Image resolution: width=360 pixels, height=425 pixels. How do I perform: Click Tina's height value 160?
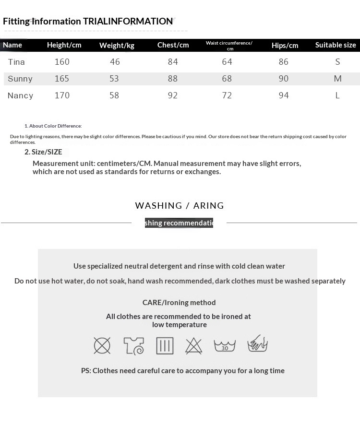[62, 62]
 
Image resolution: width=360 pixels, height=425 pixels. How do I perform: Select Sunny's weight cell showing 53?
[114, 79]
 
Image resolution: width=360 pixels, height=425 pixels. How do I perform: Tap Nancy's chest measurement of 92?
[173, 95]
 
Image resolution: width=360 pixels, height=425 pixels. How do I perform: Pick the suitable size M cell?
[337, 79]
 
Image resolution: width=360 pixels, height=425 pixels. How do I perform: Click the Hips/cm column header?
[285, 46]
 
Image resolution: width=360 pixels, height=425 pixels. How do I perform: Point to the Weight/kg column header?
[117, 46]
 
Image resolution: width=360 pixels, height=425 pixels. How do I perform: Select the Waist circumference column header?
[229, 45]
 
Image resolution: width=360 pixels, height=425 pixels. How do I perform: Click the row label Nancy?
[21, 95]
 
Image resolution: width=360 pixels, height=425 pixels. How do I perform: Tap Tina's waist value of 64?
[227, 62]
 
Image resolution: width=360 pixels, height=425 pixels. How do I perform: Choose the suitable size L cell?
[337, 95]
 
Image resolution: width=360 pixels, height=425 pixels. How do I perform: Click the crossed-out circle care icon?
[102, 345]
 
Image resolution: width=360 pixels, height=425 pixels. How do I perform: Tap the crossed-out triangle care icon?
[194, 345]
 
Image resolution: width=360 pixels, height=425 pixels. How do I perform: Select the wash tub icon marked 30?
[225, 345]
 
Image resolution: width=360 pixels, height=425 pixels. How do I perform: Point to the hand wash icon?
[257, 344]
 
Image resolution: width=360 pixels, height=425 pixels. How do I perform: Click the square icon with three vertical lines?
[165, 345]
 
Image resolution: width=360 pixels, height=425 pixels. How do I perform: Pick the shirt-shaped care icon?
[133, 345]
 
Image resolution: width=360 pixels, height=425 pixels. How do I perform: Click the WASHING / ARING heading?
[180, 206]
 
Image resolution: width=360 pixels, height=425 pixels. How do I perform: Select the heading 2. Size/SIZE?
[43, 152]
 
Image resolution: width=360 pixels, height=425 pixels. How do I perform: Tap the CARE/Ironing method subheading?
[179, 303]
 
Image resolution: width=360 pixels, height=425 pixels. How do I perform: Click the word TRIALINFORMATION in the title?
[128, 21]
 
